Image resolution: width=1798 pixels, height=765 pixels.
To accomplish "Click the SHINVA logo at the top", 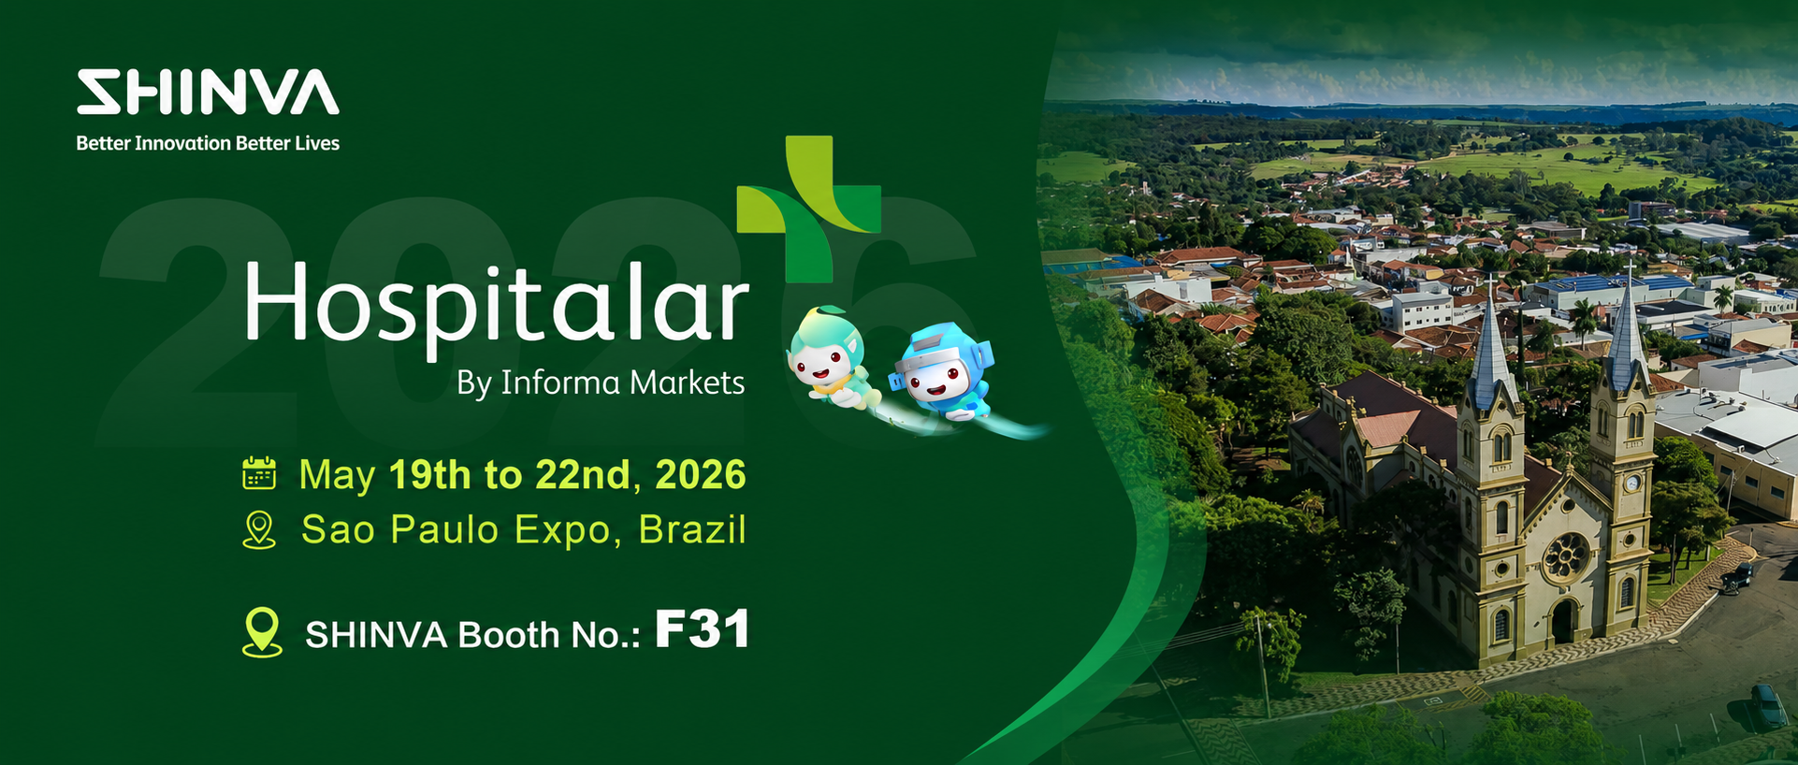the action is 208,92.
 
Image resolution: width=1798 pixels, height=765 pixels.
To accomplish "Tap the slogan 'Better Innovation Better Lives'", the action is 208,143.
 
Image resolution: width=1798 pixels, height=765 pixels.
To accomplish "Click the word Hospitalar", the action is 496,304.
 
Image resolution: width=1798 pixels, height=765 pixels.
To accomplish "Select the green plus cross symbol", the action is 809,209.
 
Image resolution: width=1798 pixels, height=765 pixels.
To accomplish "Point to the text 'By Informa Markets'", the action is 601,382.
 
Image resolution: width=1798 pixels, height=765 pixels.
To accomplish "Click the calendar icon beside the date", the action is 259,473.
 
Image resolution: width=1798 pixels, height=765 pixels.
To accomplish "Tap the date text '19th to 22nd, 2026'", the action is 568,474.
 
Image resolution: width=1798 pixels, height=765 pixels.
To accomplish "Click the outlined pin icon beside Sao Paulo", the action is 259,529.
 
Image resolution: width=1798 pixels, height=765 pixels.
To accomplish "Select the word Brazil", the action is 692,529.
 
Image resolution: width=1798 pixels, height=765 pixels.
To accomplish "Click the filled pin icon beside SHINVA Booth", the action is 262,632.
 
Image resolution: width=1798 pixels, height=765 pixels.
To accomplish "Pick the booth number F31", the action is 702,628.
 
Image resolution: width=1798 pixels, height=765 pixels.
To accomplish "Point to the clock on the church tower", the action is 1631,484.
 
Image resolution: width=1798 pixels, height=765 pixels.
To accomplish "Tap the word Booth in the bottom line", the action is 509,635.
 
